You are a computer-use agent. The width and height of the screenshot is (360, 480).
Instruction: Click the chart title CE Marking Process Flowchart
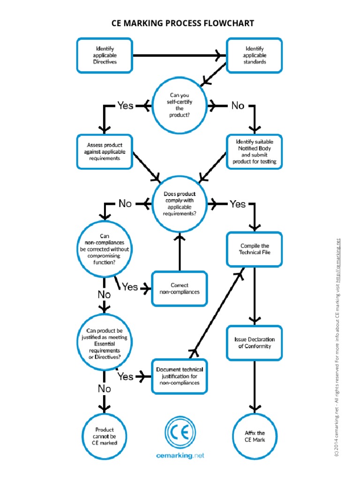click(182, 23)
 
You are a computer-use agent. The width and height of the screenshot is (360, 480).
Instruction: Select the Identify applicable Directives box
click(105, 55)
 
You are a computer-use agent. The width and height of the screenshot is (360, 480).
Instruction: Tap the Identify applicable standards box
click(255, 55)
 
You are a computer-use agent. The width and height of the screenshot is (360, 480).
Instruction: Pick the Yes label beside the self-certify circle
click(125, 105)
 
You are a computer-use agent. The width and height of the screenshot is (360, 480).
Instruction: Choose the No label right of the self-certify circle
click(238, 105)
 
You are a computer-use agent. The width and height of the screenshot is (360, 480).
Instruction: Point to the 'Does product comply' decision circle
click(180, 203)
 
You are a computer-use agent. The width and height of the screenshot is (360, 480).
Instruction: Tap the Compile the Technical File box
click(255, 249)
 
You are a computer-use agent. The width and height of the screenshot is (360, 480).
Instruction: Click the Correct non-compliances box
click(179, 288)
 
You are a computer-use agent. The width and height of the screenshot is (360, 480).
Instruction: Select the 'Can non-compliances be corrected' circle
click(105, 249)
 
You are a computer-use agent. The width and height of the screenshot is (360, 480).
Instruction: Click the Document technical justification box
click(179, 376)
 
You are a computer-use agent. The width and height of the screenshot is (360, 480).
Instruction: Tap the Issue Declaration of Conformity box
click(255, 343)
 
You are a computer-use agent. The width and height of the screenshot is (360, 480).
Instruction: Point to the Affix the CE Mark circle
click(255, 436)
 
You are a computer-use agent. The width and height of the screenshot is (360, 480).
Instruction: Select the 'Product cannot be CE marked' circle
click(105, 436)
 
